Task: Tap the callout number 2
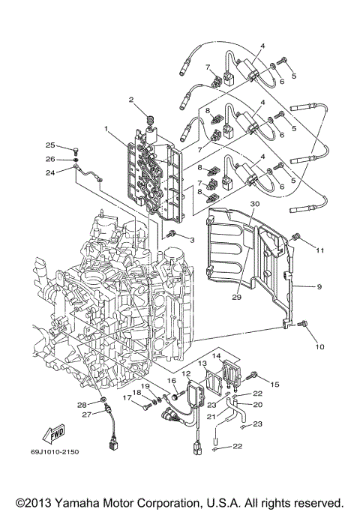tap(131, 99)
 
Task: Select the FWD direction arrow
tap(55, 433)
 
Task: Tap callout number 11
tap(319, 250)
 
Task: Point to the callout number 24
tap(50, 172)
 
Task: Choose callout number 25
tap(50, 145)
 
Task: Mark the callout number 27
tap(85, 414)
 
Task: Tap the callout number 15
tap(274, 384)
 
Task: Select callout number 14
tap(217, 356)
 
